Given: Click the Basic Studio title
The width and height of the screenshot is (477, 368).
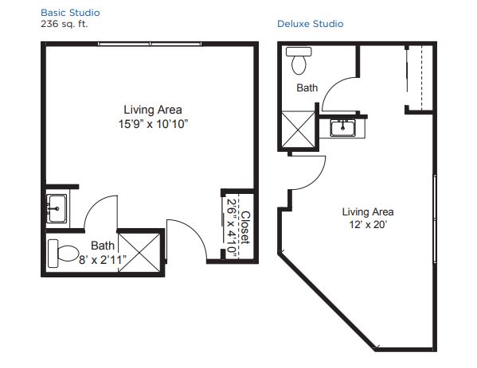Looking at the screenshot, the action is tap(70, 13).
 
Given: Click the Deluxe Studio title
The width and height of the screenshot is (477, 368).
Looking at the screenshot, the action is tap(311, 24).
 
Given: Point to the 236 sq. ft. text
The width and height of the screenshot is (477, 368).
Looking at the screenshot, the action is tap(65, 24).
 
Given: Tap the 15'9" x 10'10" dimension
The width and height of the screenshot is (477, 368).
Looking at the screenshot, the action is tap(154, 124).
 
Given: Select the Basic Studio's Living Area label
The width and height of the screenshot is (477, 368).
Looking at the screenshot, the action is tap(153, 110).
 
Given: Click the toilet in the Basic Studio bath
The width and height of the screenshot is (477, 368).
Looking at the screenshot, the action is tap(64, 254).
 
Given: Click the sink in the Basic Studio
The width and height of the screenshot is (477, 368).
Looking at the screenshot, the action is tap(57, 208).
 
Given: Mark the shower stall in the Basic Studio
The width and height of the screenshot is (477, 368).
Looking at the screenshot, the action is tap(139, 252).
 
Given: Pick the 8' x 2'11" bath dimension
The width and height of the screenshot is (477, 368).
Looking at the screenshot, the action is tap(103, 260).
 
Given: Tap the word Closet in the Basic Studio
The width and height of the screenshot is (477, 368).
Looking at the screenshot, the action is tap(245, 227).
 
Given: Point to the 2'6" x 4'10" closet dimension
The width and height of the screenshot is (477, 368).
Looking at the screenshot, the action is tap(232, 228).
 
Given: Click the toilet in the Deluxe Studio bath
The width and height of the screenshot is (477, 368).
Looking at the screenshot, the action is tap(299, 60).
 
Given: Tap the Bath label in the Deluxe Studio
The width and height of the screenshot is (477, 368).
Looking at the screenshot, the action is tap(307, 87).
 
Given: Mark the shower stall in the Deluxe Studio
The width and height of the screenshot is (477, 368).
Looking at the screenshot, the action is tap(298, 130).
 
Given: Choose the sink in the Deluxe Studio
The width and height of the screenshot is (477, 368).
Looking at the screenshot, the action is tap(343, 128).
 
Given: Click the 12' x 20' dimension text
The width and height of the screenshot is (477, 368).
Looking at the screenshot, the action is tap(368, 225).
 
